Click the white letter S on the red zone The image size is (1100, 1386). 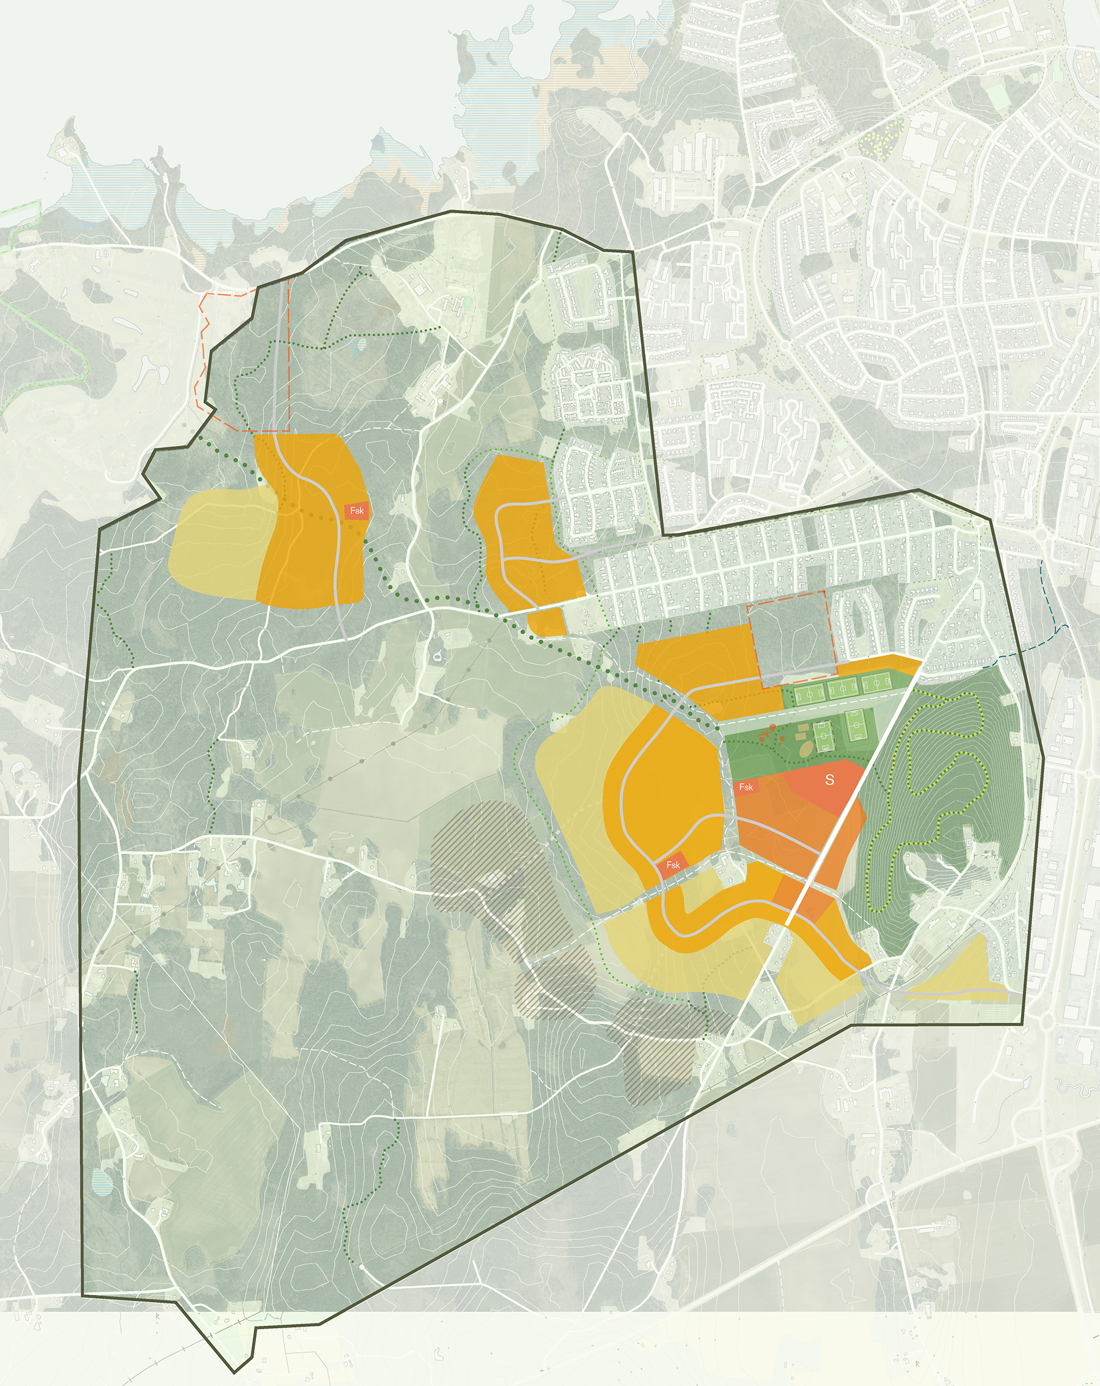(830, 780)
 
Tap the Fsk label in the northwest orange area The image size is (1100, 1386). (357, 511)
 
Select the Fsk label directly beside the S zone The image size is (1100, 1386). (746, 787)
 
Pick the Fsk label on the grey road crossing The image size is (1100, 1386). (673, 865)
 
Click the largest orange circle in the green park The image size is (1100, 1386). (772, 728)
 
